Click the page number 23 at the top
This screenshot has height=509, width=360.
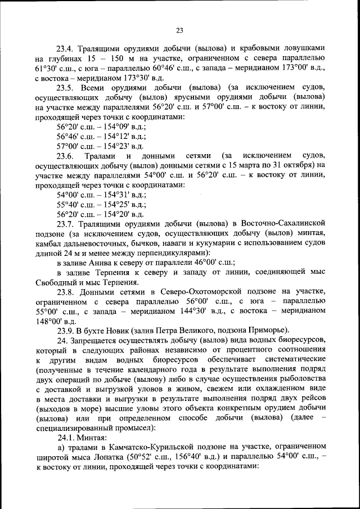pyautogui.click(x=179, y=30)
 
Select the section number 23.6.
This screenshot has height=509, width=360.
pyautogui.click(x=65, y=156)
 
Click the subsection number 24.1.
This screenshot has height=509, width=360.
pyautogui.click(x=65, y=438)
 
